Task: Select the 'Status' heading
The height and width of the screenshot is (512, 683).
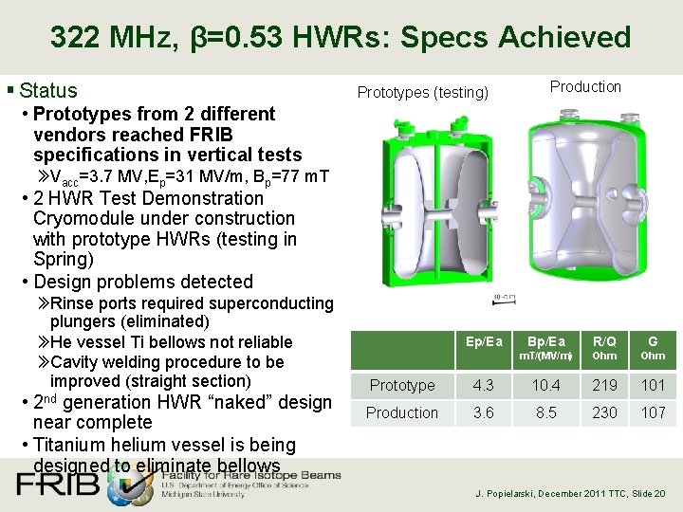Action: click(47, 91)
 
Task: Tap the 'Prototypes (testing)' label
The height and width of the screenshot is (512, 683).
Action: click(422, 92)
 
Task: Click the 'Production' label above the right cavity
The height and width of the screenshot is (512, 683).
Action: click(585, 86)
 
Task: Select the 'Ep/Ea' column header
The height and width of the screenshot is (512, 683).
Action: click(484, 341)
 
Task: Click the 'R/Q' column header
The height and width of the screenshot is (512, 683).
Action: click(604, 341)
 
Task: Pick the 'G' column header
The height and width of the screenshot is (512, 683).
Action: click(653, 341)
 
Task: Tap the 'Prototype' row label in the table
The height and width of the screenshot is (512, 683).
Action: click(402, 385)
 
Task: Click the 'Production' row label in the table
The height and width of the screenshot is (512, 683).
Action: click(402, 412)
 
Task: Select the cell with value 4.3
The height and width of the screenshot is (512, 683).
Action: click(484, 385)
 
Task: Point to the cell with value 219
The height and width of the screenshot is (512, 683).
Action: click(604, 385)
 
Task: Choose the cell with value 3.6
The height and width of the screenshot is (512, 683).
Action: click(484, 412)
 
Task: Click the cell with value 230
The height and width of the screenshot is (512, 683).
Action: click(604, 412)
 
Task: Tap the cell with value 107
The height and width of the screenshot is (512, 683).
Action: click(653, 412)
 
